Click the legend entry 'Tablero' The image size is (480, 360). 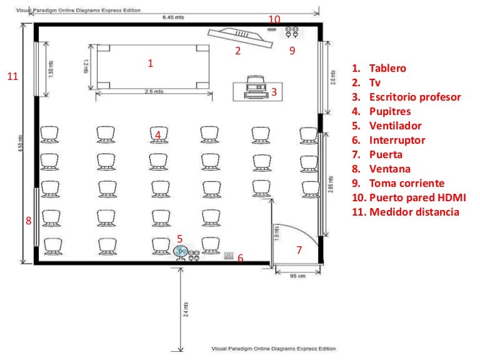(x=387, y=68)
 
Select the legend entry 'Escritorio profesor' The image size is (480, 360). (x=414, y=97)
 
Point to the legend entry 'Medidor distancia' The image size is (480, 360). (x=414, y=212)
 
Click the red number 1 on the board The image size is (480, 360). (x=150, y=63)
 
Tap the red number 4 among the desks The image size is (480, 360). (x=158, y=134)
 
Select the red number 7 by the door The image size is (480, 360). (x=299, y=250)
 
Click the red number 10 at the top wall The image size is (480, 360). (x=274, y=19)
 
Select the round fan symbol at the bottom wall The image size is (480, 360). (x=180, y=251)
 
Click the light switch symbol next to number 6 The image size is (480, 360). (x=228, y=255)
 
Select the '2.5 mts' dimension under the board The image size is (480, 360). (x=153, y=91)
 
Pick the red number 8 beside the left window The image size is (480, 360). (x=28, y=221)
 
